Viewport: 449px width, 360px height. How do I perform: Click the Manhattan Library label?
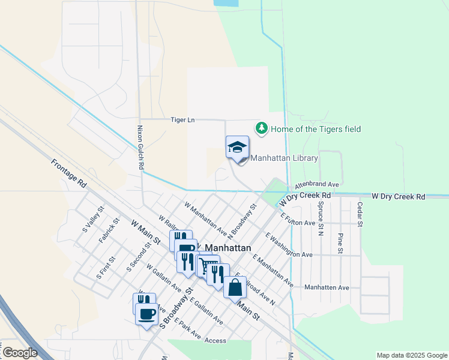[284, 158]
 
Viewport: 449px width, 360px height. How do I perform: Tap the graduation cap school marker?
[237, 147]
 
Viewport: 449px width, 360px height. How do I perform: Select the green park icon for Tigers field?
[261, 128]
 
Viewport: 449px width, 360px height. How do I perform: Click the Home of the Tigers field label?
[316, 129]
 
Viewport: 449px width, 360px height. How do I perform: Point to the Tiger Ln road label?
[183, 120]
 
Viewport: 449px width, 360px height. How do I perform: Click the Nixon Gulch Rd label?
[140, 148]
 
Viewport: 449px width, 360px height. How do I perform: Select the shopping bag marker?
[235, 287]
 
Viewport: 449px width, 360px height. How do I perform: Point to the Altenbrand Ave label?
[317, 184]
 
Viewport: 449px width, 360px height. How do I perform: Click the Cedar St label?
[360, 214]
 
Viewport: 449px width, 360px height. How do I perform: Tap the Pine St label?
[340, 242]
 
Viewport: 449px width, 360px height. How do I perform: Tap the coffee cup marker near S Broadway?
[146, 314]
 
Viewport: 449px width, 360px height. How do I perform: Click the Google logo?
[20, 353]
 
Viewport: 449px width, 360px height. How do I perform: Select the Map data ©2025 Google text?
[411, 355]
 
